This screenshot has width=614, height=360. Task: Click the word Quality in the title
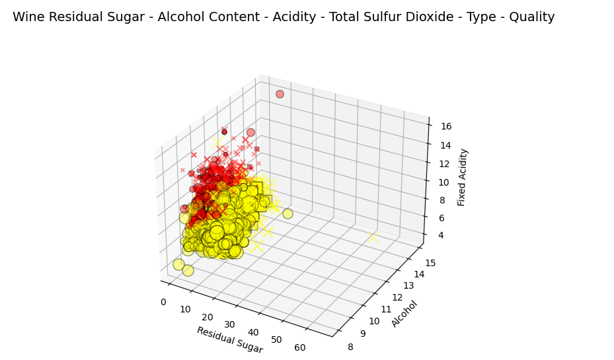tap(531, 17)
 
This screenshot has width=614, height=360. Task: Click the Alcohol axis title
tap(404, 314)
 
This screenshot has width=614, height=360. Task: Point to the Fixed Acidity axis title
tap(462, 177)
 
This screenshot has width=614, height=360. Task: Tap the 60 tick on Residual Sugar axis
tap(299, 347)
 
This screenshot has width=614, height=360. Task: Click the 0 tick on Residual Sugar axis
tap(163, 303)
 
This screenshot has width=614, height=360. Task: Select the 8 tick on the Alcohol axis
tap(350, 347)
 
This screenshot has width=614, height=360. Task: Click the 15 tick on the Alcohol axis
tap(430, 263)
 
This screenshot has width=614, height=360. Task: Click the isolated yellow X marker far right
tap(373, 237)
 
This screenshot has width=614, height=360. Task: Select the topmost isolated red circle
tap(280, 94)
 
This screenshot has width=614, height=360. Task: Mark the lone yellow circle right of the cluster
tap(288, 213)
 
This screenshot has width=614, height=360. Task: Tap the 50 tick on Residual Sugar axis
tap(278, 340)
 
